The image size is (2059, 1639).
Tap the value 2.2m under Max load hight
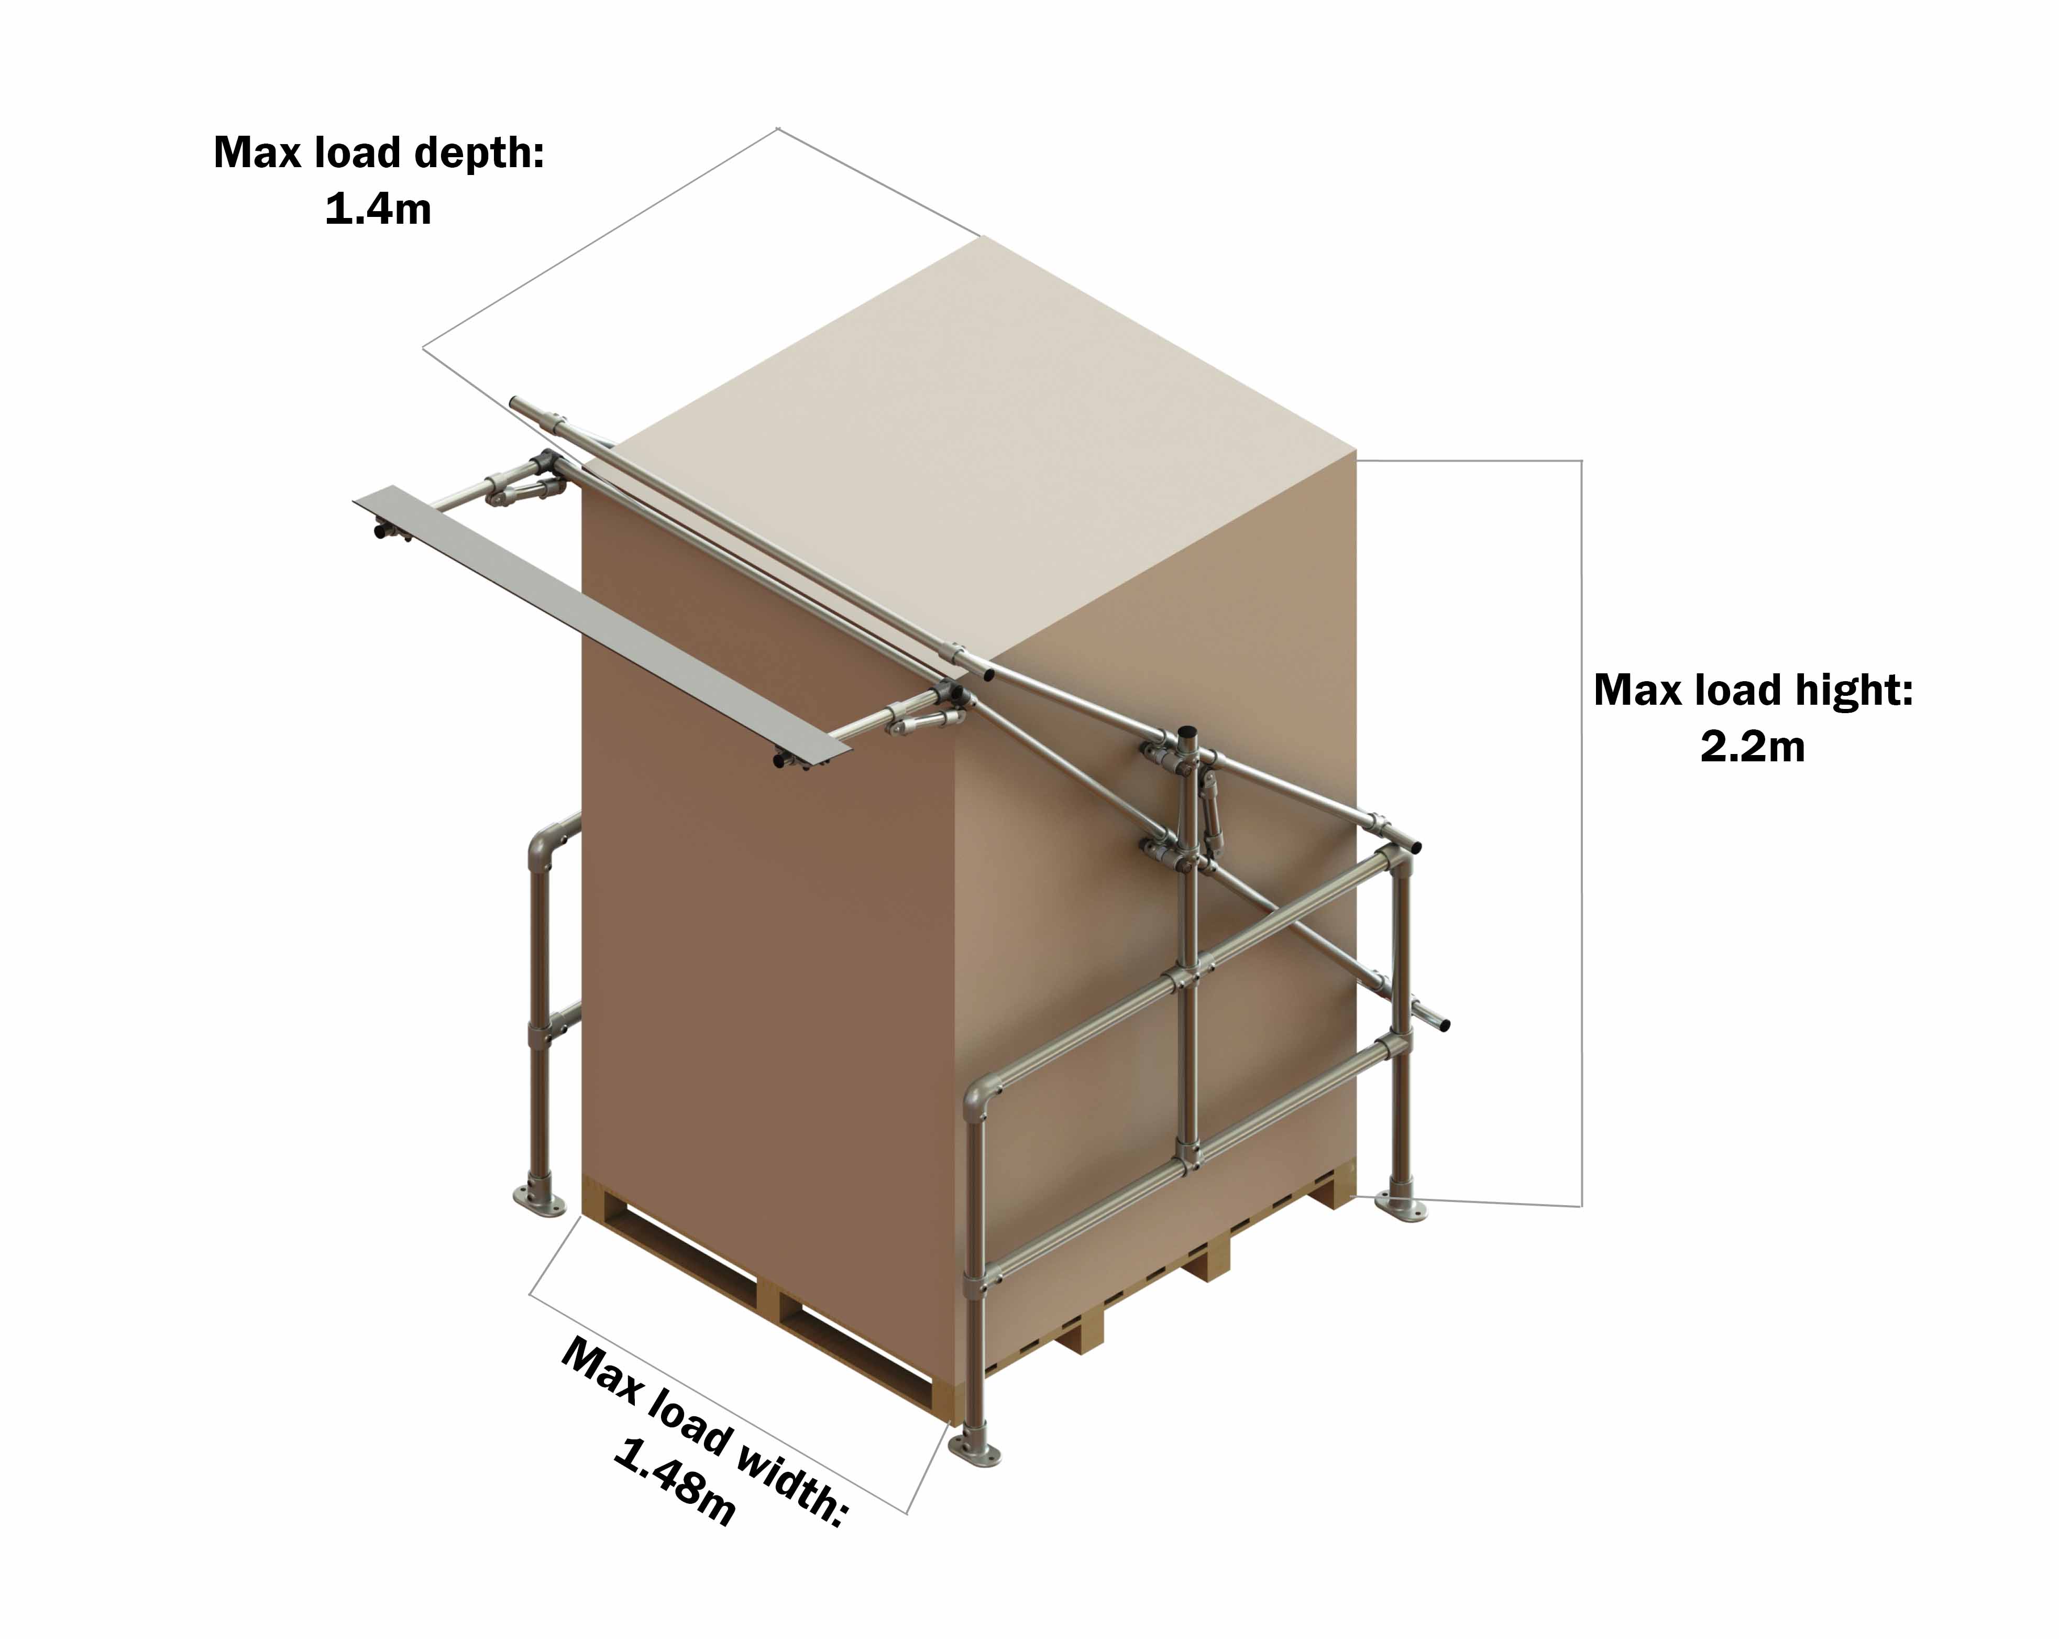(1753, 746)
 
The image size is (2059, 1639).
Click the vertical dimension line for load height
(1581, 831)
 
